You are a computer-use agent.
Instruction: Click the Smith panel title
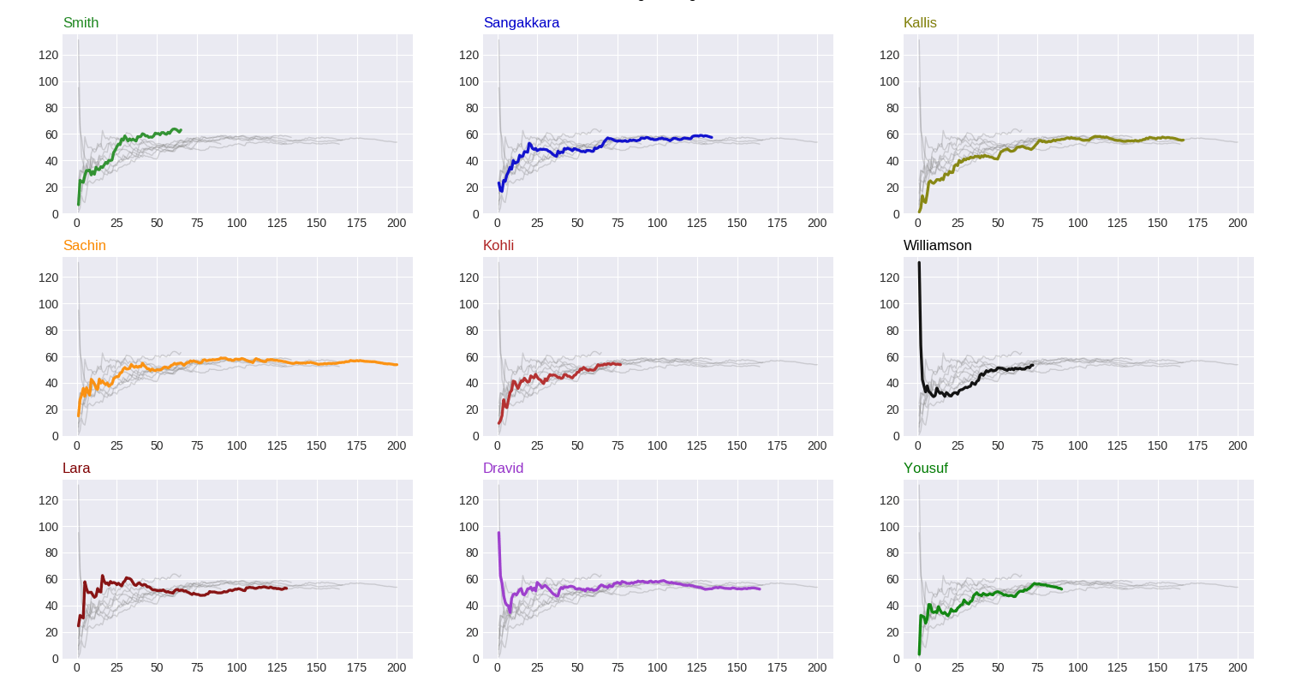(x=81, y=23)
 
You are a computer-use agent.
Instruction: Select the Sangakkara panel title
(x=521, y=23)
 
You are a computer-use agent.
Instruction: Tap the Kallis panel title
(x=920, y=23)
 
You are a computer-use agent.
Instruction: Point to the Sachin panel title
(x=84, y=246)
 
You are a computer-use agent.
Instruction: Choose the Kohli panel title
(x=498, y=246)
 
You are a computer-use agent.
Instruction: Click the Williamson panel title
(x=937, y=246)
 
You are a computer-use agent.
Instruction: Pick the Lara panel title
(x=76, y=469)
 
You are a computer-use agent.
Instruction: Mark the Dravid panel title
(x=503, y=469)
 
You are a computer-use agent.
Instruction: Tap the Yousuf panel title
(x=925, y=469)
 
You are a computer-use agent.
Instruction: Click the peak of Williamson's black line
(x=919, y=263)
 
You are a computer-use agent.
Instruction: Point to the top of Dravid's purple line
(x=498, y=533)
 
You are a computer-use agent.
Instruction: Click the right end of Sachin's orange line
(x=397, y=365)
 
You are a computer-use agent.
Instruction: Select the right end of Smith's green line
(x=181, y=130)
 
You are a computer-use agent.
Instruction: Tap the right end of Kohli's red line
(x=620, y=364)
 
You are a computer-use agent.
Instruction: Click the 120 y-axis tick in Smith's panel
(x=49, y=55)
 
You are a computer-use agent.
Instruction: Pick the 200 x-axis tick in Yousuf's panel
(x=1238, y=667)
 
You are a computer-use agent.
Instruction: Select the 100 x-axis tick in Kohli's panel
(x=657, y=445)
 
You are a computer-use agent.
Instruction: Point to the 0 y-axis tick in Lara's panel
(x=56, y=659)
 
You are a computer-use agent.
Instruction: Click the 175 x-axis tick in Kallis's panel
(x=1197, y=223)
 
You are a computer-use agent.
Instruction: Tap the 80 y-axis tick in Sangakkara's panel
(x=469, y=108)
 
